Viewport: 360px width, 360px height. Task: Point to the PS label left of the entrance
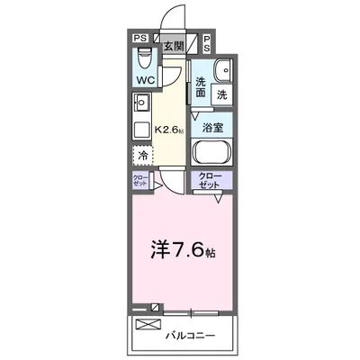click(x=139, y=39)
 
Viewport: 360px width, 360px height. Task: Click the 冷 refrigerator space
click(x=143, y=156)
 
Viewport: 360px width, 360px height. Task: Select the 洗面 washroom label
click(x=202, y=87)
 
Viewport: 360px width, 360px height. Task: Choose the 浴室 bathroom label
click(x=212, y=128)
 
